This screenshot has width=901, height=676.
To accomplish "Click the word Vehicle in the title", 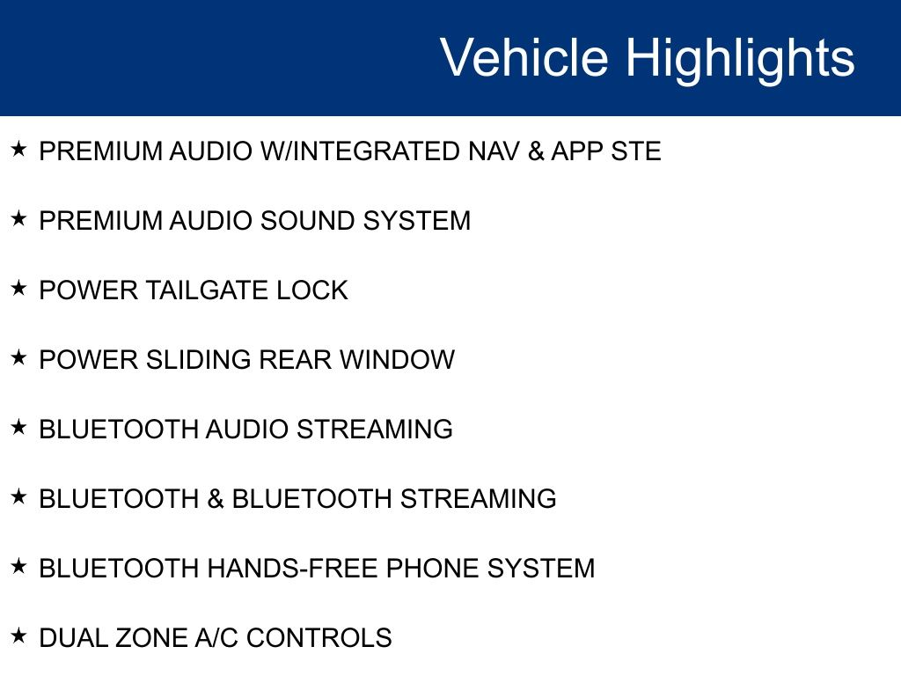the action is tap(524, 57).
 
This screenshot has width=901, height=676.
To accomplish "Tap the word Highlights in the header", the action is tap(740, 61).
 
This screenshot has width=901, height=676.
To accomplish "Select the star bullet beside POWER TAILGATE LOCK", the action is tap(18, 288).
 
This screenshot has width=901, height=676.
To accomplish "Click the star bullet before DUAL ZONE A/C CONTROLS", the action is tap(18, 636).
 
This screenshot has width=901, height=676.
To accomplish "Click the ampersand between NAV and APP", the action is tap(536, 151).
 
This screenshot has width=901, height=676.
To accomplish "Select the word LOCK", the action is tap(312, 290).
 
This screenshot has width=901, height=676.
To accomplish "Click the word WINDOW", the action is tap(397, 360).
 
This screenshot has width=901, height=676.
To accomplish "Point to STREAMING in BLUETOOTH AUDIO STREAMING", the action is tap(375, 430).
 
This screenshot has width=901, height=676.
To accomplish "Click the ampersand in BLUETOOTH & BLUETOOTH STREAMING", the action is tap(216, 499).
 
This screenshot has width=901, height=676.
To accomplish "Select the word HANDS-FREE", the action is tap(292, 569).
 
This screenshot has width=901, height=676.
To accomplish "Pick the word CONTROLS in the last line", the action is tap(319, 638).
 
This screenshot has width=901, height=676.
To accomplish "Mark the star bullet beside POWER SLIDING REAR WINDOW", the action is tap(18, 357).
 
